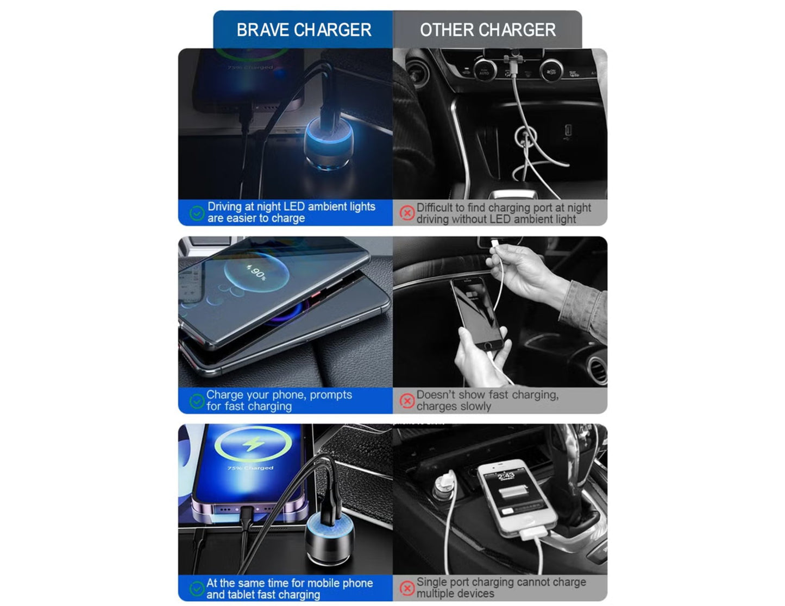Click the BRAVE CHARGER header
(303, 30)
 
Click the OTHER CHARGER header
(487, 30)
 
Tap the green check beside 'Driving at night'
(197, 213)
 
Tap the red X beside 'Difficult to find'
(407, 213)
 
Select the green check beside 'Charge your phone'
(197, 401)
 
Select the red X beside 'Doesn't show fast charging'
(407, 401)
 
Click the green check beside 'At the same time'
(197, 589)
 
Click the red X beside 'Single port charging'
(407, 588)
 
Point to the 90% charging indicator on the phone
(256, 272)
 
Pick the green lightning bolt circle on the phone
(253, 444)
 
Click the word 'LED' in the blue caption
(294, 207)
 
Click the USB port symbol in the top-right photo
(568, 132)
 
